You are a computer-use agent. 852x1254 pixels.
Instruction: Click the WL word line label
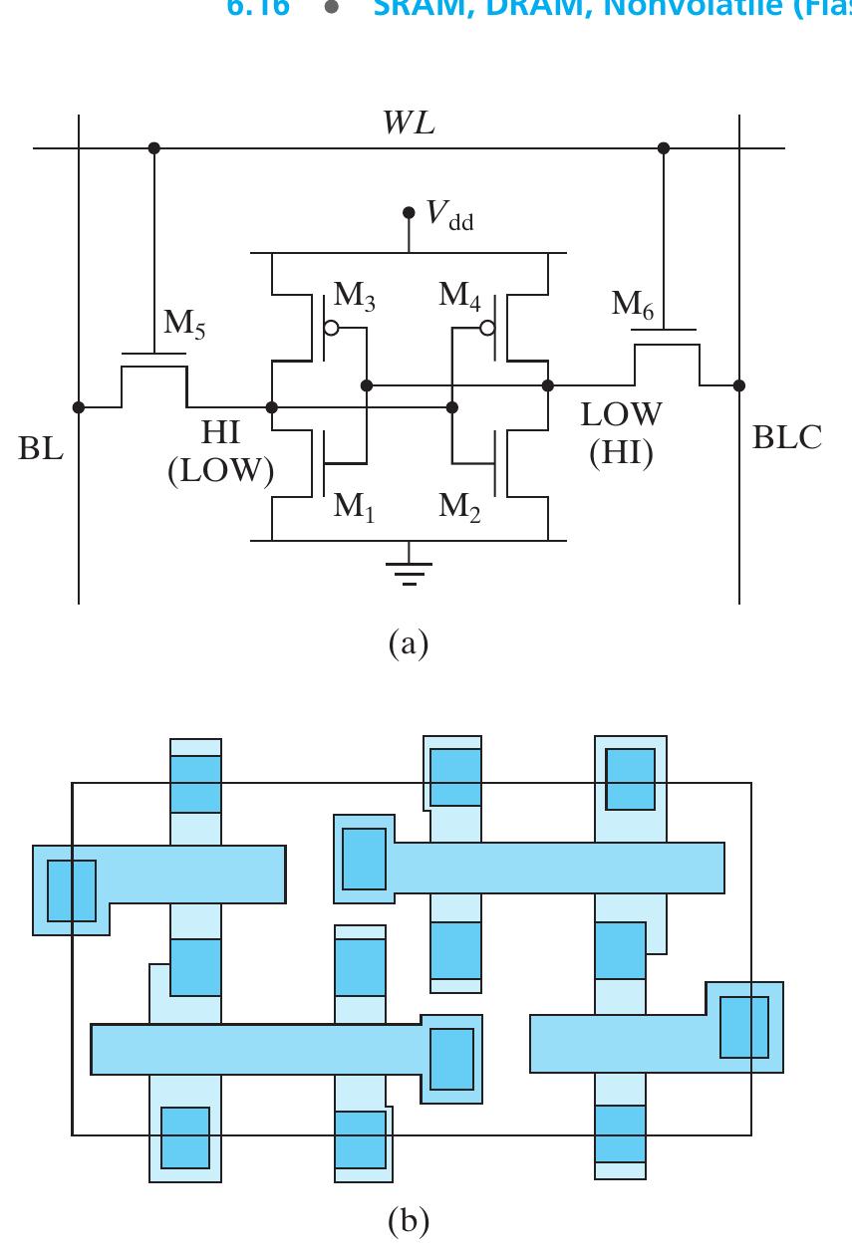pos(409,124)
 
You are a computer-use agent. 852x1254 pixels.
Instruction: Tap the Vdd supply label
pos(449,215)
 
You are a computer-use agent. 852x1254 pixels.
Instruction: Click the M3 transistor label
pos(354,295)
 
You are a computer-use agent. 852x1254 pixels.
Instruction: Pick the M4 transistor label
pos(460,295)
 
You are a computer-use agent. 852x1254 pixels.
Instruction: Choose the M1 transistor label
pos(354,506)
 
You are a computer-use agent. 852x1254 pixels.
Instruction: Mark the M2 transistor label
pos(460,506)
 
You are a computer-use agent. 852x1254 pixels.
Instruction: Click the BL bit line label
pos(41,449)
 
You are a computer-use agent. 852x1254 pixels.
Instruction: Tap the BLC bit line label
pos(787,438)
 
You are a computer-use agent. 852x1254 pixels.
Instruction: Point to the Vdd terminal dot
pos(409,213)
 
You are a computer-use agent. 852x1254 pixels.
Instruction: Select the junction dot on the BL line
pos(79,406)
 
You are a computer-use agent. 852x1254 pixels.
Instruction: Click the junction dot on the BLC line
pos(738,384)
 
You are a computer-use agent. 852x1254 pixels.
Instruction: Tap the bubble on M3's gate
pos(331,329)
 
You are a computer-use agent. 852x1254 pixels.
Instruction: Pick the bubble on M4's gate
pos(487,329)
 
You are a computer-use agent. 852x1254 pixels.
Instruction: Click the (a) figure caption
pos(408,643)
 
